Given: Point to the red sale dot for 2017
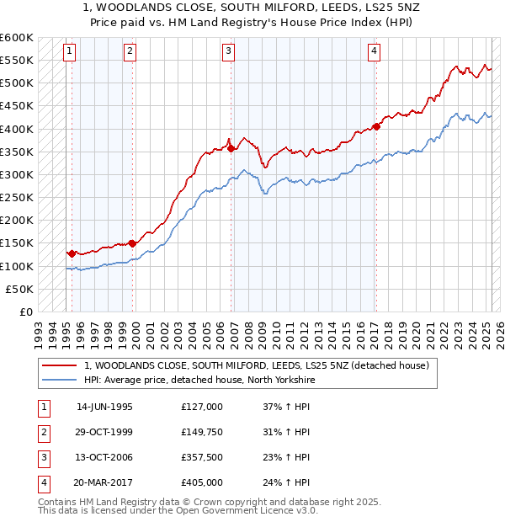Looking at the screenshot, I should tap(376, 126).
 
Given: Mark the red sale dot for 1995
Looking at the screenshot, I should tap(72, 253).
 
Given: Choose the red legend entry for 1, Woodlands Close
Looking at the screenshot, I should tap(257, 365).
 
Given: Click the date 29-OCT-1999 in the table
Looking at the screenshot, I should tap(104, 432).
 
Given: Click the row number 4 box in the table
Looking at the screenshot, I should tap(42, 482).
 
